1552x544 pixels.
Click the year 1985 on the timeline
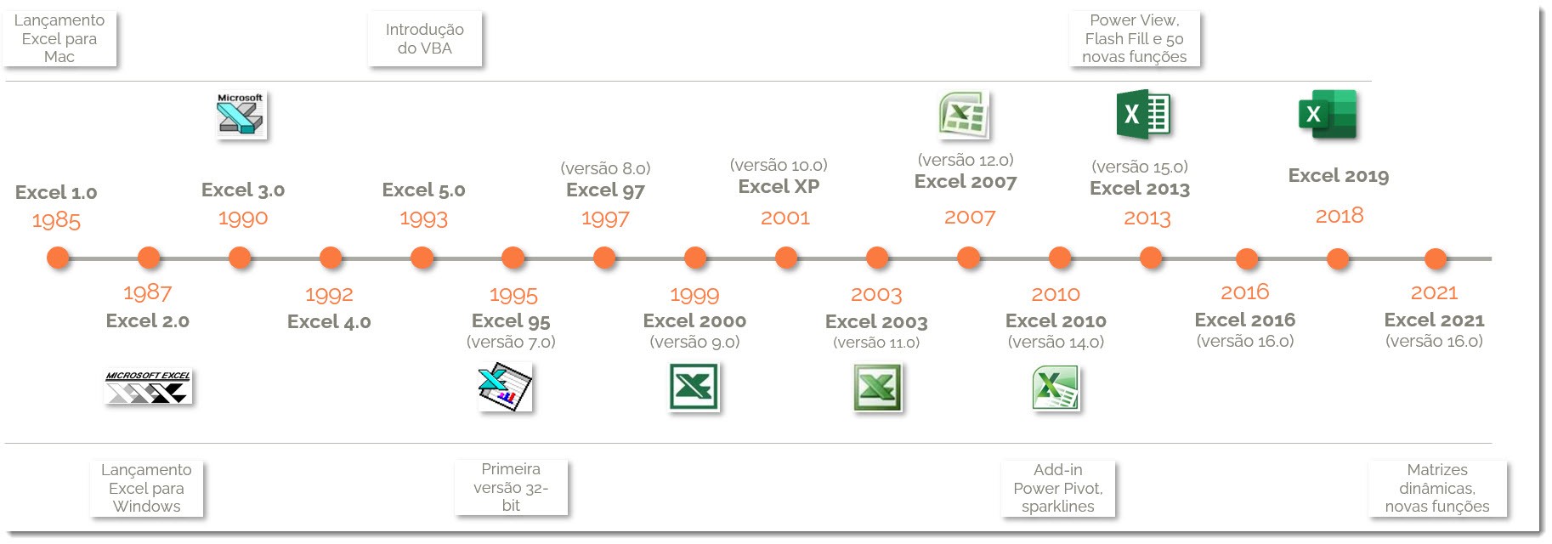[x=56, y=221]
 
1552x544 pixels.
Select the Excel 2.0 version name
[x=147, y=321]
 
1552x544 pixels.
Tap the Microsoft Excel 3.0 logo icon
[x=241, y=115]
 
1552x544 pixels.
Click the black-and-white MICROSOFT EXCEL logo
[x=148, y=387]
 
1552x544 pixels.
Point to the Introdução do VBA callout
[x=425, y=39]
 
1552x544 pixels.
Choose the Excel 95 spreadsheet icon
[x=505, y=387]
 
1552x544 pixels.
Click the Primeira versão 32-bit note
[x=511, y=487]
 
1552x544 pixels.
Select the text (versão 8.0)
[x=605, y=168]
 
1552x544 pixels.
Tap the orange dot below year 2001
[x=786, y=257]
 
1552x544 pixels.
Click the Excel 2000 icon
[x=694, y=387]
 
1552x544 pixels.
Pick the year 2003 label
[x=876, y=295]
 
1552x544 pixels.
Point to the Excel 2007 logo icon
[x=963, y=115]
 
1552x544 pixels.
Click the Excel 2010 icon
[x=1056, y=388]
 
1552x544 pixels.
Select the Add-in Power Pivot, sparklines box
[x=1058, y=488]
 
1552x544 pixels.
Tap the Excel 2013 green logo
[x=1143, y=115]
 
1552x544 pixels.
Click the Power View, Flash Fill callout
[x=1135, y=38]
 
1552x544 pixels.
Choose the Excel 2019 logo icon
[x=1327, y=115]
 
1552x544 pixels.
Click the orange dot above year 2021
[x=1435, y=258]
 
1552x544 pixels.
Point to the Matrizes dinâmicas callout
[x=1437, y=488]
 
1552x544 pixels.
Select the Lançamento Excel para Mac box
[x=59, y=38]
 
